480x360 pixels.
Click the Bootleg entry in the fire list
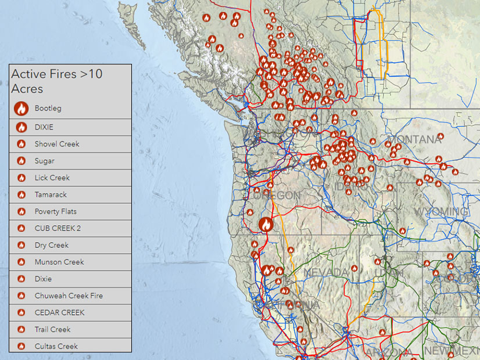48,109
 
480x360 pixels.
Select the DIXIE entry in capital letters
44,127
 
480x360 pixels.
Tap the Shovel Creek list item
56,144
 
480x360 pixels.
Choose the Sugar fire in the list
44,161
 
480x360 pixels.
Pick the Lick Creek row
52,178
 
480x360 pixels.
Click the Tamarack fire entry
51,195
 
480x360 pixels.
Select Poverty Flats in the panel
55,211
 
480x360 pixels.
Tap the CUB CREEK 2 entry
58,228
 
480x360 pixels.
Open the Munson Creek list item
59,262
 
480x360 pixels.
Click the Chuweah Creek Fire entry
68,296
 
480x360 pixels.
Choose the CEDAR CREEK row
59,312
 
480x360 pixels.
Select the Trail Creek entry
52,329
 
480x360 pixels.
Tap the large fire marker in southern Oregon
266,224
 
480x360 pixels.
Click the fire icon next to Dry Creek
22,245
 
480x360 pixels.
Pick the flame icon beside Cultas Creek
22,346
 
